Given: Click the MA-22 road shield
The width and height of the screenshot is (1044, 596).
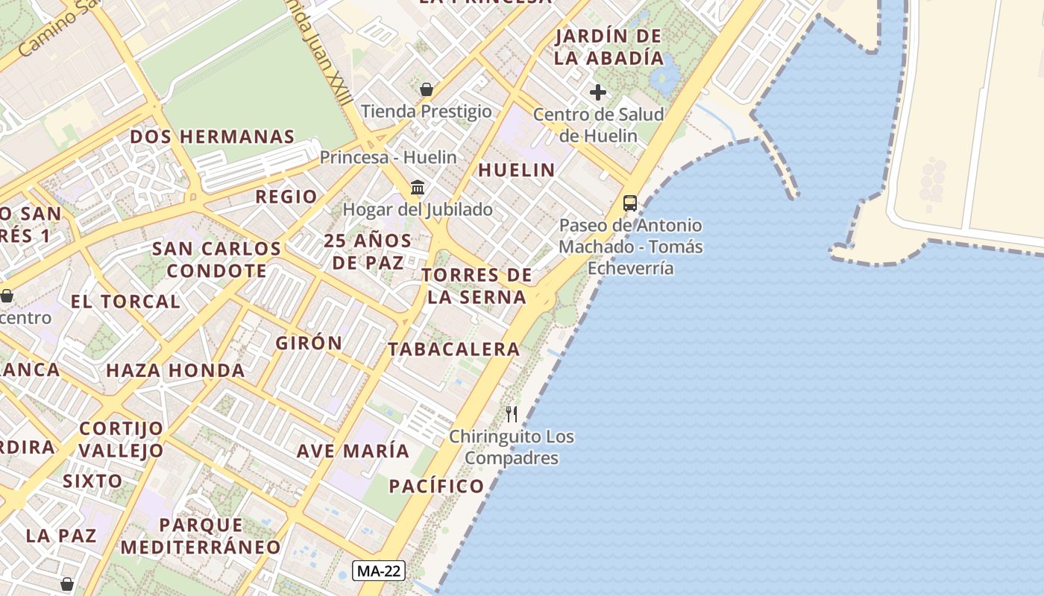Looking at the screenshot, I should (379, 571).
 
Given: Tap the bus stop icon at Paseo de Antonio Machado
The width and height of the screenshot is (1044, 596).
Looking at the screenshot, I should (630, 203).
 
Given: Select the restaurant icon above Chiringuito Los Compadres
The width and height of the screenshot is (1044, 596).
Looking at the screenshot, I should (512, 414).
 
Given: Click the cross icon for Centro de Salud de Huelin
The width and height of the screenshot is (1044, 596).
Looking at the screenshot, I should (598, 93).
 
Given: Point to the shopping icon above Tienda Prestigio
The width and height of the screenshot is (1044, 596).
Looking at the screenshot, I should (427, 90).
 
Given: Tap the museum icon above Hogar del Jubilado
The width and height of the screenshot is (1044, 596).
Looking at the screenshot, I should (418, 187).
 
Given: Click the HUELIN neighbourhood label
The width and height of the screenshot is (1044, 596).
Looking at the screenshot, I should (517, 170).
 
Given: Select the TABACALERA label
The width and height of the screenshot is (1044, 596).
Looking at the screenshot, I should (453, 349).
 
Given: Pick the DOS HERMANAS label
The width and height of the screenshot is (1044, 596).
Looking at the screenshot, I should (213, 137).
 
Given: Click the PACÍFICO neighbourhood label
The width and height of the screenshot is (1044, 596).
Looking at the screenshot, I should (436, 486).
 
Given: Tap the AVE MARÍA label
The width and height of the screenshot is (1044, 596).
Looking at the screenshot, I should (353, 451).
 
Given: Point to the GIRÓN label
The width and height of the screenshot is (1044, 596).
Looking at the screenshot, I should (309, 343).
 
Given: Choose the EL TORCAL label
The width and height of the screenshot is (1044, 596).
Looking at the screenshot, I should (125, 302).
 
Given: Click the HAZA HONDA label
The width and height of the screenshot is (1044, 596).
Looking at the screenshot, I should (175, 370).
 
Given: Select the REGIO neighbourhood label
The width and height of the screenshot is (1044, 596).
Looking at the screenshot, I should (286, 197).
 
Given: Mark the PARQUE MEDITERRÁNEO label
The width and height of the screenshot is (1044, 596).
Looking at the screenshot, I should (201, 536).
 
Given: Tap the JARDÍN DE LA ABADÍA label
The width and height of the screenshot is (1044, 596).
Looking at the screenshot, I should (609, 47).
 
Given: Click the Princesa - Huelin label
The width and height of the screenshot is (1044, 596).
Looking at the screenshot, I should (388, 157).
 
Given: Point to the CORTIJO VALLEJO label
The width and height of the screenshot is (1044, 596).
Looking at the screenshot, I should (121, 440).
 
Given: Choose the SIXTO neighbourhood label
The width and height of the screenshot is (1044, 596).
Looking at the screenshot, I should (92, 481).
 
